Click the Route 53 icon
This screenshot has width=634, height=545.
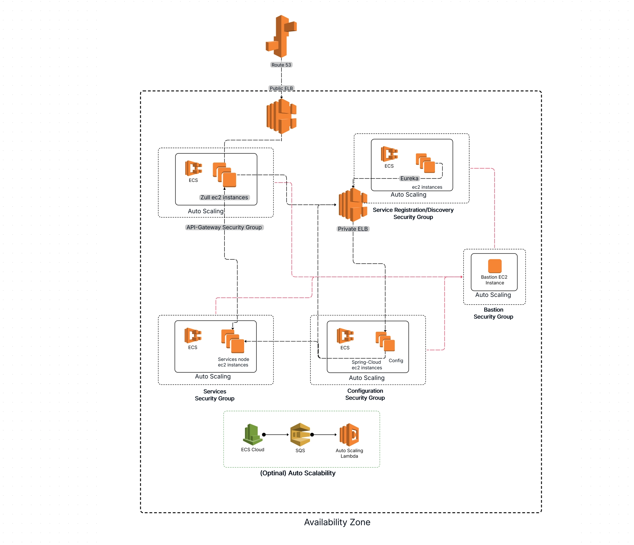[281, 36]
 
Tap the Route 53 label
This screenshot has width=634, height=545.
[281, 65]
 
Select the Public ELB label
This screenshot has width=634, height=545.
[281, 88]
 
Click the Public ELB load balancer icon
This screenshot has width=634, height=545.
[281, 116]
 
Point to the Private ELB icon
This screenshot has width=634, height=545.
[353, 205]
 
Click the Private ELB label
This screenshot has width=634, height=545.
[353, 229]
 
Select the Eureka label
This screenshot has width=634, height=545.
[409, 178]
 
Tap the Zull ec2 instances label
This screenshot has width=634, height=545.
[224, 197]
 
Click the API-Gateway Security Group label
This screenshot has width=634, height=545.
[224, 228]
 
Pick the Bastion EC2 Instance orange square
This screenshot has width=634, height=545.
[495, 266]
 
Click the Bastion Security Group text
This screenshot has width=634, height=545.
[493, 313]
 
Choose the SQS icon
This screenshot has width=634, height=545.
[300, 434]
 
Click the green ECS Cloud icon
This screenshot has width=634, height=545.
[252, 434]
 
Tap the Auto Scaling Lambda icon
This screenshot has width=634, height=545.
[349, 435]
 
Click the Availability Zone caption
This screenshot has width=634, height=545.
[337, 522]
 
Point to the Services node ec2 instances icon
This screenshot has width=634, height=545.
[233, 341]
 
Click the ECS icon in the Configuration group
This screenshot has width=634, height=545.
[345, 336]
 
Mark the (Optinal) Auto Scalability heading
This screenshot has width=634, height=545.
[298, 473]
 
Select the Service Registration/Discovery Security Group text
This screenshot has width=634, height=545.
[413, 214]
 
